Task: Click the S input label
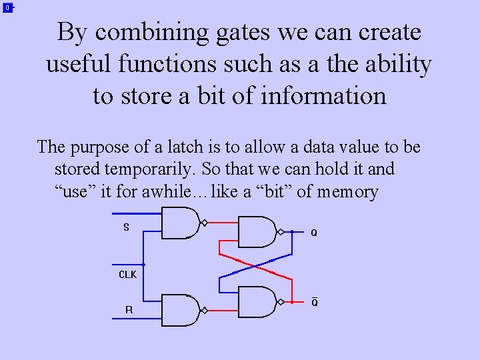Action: pyautogui.click(x=126, y=227)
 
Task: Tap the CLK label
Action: pyautogui.click(x=127, y=275)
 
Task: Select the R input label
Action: pyautogui.click(x=129, y=309)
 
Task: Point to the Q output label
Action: pyautogui.click(x=314, y=233)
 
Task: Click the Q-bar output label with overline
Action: pyautogui.click(x=315, y=303)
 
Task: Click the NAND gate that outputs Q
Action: pyautogui.click(x=257, y=232)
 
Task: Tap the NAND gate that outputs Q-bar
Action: pyautogui.click(x=257, y=302)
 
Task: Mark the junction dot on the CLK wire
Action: pyautogui.click(x=144, y=265)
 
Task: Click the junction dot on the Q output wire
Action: pyautogui.click(x=292, y=232)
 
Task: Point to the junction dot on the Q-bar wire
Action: pyautogui.click(x=292, y=302)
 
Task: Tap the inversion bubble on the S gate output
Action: pyautogui.click(x=205, y=223)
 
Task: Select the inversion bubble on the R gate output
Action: pyautogui.click(x=205, y=310)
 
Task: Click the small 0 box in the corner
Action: pyautogui.click(x=7, y=8)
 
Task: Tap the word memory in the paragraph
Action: pyautogui.click(x=347, y=193)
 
